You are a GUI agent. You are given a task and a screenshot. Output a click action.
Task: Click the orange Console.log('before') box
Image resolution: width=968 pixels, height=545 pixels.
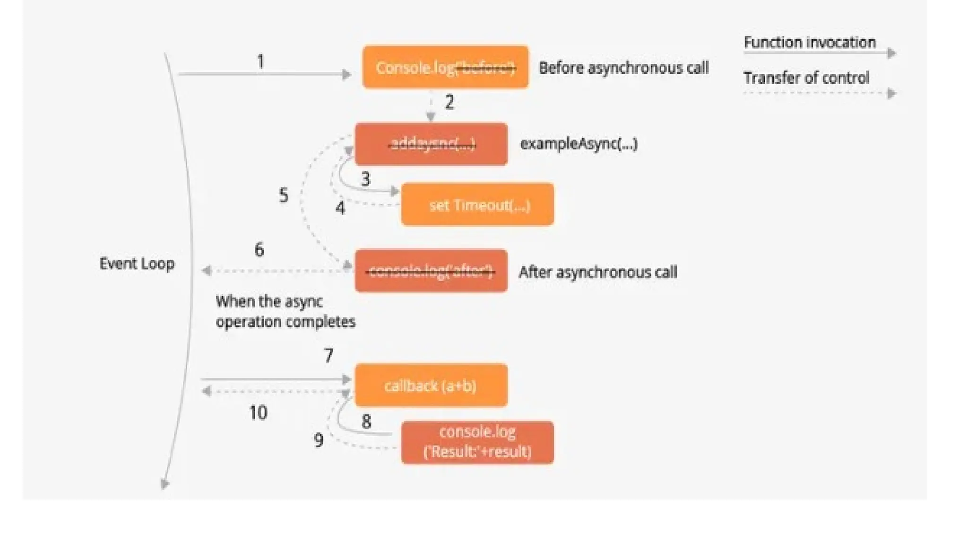(x=445, y=67)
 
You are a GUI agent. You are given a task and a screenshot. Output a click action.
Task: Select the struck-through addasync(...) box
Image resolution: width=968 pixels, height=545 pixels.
(x=431, y=144)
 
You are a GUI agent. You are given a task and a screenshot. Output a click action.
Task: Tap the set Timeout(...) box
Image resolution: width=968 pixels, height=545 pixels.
(x=477, y=204)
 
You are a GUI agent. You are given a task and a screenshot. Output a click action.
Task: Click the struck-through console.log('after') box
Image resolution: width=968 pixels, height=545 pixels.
(x=431, y=271)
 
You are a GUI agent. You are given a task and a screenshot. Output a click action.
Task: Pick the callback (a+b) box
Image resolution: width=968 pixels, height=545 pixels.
(x=431, y=385)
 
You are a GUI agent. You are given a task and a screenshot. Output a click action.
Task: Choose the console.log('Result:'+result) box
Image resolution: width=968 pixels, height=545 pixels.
(x=477, y=442)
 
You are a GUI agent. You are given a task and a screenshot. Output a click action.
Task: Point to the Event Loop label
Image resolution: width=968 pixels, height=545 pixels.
(x=137, y=264)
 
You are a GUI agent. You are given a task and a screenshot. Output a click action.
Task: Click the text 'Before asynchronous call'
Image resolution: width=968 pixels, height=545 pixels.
(x=623, y=68)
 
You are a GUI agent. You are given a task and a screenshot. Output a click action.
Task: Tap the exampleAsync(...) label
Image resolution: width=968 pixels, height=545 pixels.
(x=579, y=144)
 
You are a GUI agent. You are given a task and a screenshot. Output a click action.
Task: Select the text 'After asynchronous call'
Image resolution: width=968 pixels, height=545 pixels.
(x=598, y=272)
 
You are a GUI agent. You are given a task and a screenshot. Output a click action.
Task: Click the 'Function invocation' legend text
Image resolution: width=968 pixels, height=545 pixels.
(x=810, y=43)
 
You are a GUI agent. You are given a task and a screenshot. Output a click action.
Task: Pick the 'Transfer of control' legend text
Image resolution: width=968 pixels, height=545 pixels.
(x=806, y=78)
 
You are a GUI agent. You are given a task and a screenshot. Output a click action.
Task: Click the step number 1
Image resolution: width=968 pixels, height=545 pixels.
(x=260, y=62)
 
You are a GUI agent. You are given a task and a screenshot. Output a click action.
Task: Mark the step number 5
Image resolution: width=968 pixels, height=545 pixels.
(x=284, y=195)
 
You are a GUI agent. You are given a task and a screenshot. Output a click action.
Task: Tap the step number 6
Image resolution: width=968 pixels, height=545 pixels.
(x=259, y=249)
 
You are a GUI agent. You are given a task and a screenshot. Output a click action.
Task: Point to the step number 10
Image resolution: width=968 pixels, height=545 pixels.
(x=258, y=413)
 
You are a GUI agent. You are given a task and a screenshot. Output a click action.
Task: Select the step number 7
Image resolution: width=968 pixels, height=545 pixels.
(x=328, y=355)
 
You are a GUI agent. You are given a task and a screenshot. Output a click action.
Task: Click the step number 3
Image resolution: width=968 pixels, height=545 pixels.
(x=365, y=179)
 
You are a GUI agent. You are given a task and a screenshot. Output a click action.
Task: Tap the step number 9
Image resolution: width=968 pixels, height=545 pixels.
(x=319, y=440)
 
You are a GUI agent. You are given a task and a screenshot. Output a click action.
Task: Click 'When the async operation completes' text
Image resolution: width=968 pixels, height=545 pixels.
(x=285, y=311)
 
